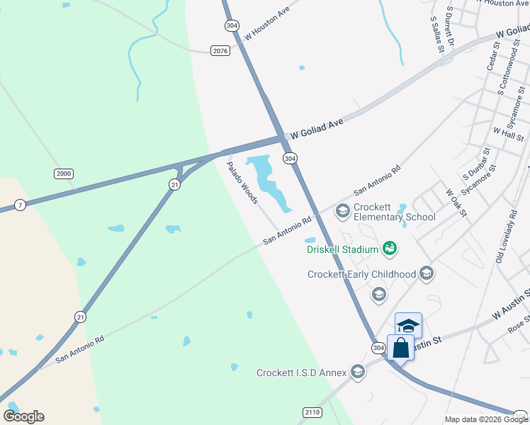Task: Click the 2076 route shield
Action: tap(220, 50)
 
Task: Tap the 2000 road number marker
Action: tap(64, 174)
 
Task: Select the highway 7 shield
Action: tap(20, 205)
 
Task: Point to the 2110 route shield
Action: tap(312, 412)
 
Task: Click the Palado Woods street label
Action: tap(242, 183)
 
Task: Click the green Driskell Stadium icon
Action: tap(388, 248)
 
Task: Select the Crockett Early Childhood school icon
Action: tap(427, 273)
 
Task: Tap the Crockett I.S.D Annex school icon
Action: tap(358, 372)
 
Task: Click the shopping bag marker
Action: tap(400, 348)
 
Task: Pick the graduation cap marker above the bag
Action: tap(408, 325)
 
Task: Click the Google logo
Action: tap(23, 416)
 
